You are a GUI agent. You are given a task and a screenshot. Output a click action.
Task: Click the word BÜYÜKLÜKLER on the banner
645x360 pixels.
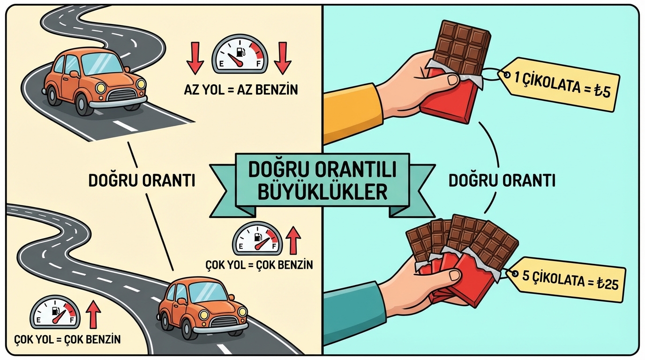point(322,192)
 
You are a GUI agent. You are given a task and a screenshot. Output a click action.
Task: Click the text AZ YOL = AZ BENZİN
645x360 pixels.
point(241,90)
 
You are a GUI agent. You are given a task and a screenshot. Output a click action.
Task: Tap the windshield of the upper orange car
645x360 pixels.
point(102,64)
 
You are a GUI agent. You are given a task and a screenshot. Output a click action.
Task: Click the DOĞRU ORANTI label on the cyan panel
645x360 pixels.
point(502,180)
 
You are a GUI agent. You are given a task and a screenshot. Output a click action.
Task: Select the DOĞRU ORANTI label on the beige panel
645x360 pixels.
point(142,180)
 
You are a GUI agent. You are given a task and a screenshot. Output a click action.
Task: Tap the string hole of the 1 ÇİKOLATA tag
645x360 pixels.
point(507,75)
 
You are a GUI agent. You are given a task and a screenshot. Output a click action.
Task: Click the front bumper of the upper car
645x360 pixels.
point(118,103)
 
